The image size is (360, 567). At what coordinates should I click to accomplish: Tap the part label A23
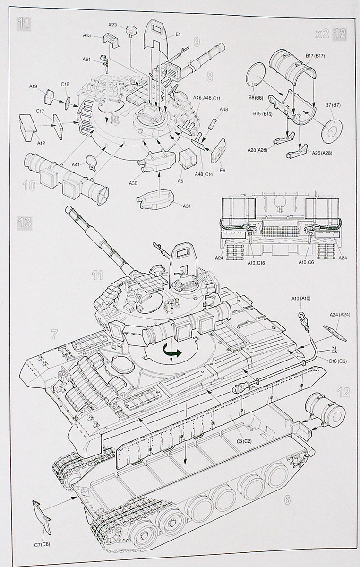pyautogui.click(x=112, y=25)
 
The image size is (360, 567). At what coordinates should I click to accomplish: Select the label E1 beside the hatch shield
pyautogui.click(x=178, y=34)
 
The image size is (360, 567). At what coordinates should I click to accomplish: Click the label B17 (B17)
pyautogui.click(x=315, y=56)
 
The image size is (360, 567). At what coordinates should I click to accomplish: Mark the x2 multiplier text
pyautogui.click(x=322, y=33)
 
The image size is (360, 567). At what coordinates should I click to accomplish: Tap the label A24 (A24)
pyautogui.click(x=339, y=315)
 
